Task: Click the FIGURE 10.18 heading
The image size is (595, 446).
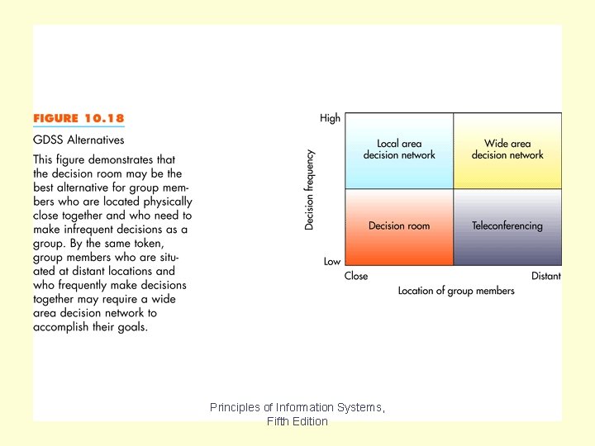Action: coord(79,119)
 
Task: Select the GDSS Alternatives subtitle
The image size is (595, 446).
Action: coord(79,140)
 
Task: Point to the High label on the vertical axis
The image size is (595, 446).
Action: coord(330,118)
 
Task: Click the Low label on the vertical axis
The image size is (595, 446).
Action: coord(332,261)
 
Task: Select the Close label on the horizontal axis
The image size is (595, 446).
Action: coord(356,276)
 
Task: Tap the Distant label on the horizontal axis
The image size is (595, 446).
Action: coord(545,276)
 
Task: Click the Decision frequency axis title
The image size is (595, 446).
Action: coord(310,189)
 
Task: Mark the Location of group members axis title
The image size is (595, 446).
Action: coord(456,291)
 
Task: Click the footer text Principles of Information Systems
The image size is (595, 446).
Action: coord(297,407)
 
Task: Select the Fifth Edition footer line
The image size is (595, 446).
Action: coord(297,421)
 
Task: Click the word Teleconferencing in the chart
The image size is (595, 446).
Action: coord(507,225)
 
